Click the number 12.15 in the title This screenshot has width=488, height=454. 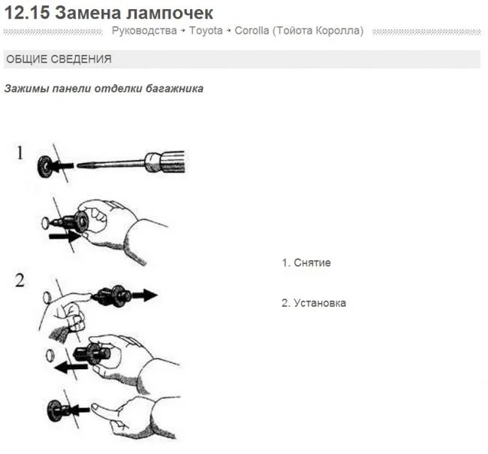27,13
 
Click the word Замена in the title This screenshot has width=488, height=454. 89,13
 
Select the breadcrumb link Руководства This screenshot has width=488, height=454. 144,31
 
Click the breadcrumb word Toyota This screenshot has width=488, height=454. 206,31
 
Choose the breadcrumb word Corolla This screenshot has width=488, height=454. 252,31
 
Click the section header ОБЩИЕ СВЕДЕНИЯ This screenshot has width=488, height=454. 59,59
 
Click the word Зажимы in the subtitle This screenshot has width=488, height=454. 27,89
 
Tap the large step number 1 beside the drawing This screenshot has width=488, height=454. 20,153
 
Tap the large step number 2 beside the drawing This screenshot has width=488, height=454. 20,280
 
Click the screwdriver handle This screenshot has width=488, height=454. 164,162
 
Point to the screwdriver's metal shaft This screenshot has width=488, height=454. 111,164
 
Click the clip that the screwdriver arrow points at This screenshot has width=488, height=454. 44,167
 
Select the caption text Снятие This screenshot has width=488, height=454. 312,263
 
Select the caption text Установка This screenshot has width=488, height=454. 320,303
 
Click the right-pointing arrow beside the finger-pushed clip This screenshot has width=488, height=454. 145,295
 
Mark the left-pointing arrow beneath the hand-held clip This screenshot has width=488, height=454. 71,367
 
